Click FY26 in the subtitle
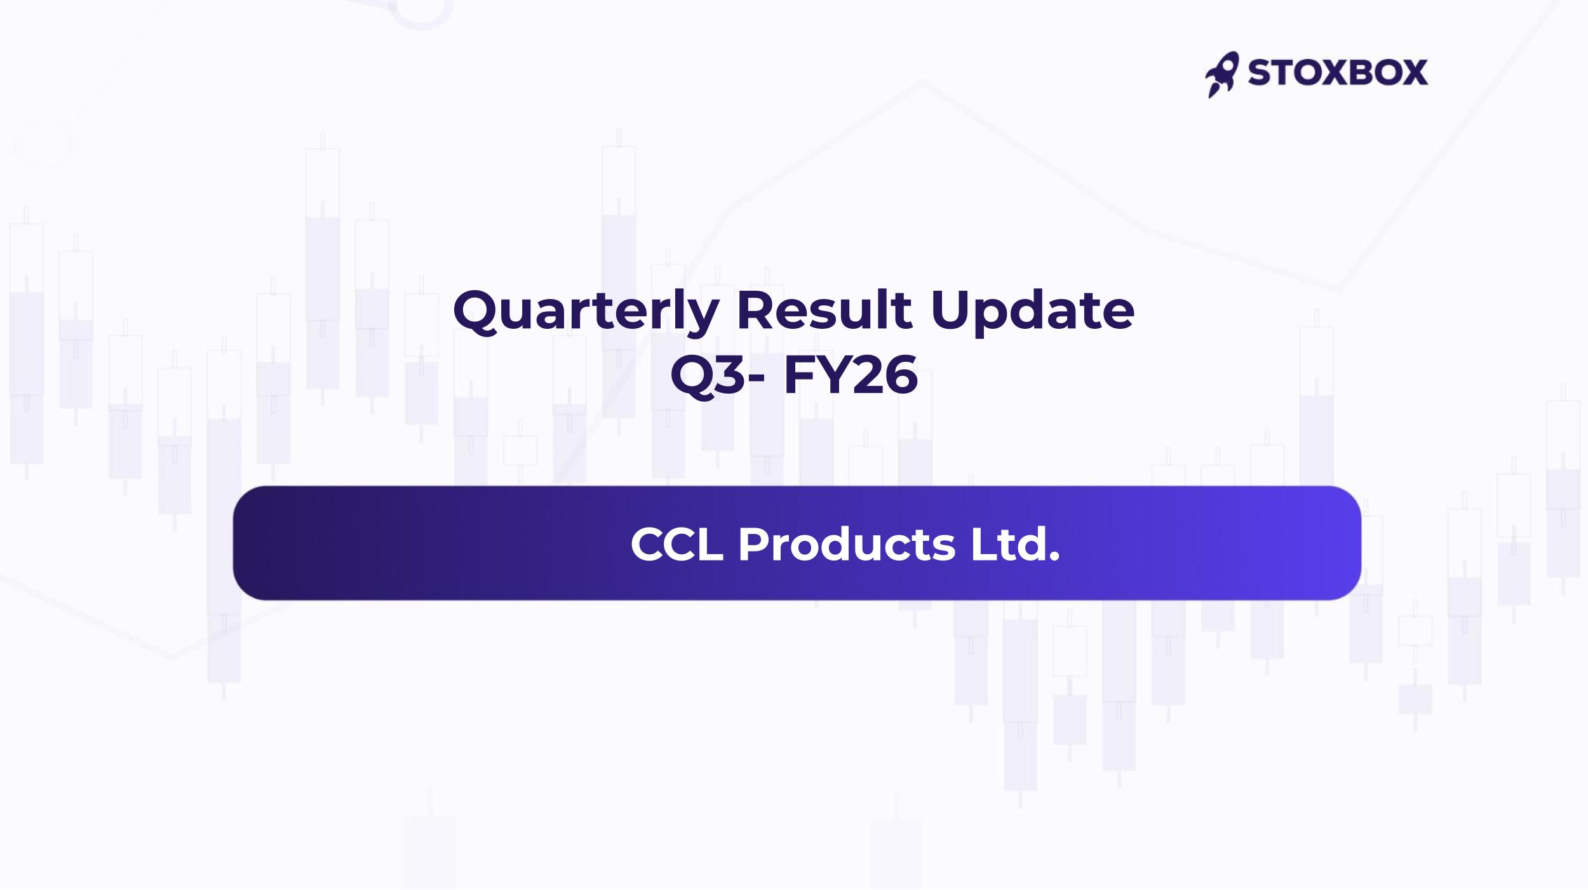pos(851,375)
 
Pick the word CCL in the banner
pos(676,544)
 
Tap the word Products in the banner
pos(846,544)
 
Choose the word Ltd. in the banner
pos(1015,544)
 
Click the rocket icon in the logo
pos(1221,74)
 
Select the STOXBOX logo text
pos(1338,72)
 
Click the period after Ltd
pos(1054,557)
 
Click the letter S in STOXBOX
pos(1259,72)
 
